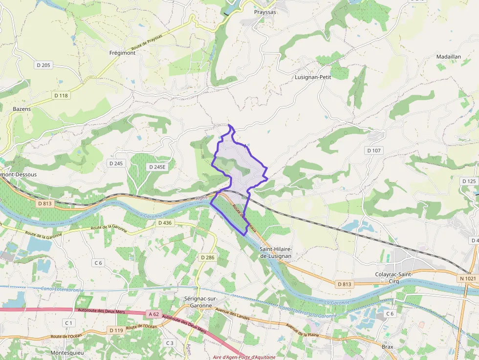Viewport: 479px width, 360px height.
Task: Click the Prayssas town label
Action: tap(265, 12)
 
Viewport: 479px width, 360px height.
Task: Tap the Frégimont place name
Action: tap(122, 53)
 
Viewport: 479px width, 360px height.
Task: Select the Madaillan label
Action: tap(448, 57)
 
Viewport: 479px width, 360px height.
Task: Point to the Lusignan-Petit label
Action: tap(313, 77)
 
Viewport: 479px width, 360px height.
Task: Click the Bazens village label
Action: tap(22, 109)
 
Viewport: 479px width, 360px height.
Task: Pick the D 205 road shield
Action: tap(44, 65)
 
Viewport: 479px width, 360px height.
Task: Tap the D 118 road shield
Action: tap(61, 95)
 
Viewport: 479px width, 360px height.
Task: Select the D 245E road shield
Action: tap(157, 167)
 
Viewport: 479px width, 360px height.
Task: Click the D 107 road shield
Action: tap(373, 150)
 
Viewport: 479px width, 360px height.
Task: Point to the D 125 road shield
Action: tap(469, 181)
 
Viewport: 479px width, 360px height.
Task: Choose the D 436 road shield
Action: tap(165, 223)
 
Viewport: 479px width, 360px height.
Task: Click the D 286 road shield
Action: tap(208, 257)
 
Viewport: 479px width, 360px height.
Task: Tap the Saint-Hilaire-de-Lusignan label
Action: tap(276, 253)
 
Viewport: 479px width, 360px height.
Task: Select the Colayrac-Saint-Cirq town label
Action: tap(394, 277)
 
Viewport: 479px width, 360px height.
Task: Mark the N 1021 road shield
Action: tap(467, 278)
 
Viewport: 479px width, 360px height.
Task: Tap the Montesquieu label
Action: tap(66, 352)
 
